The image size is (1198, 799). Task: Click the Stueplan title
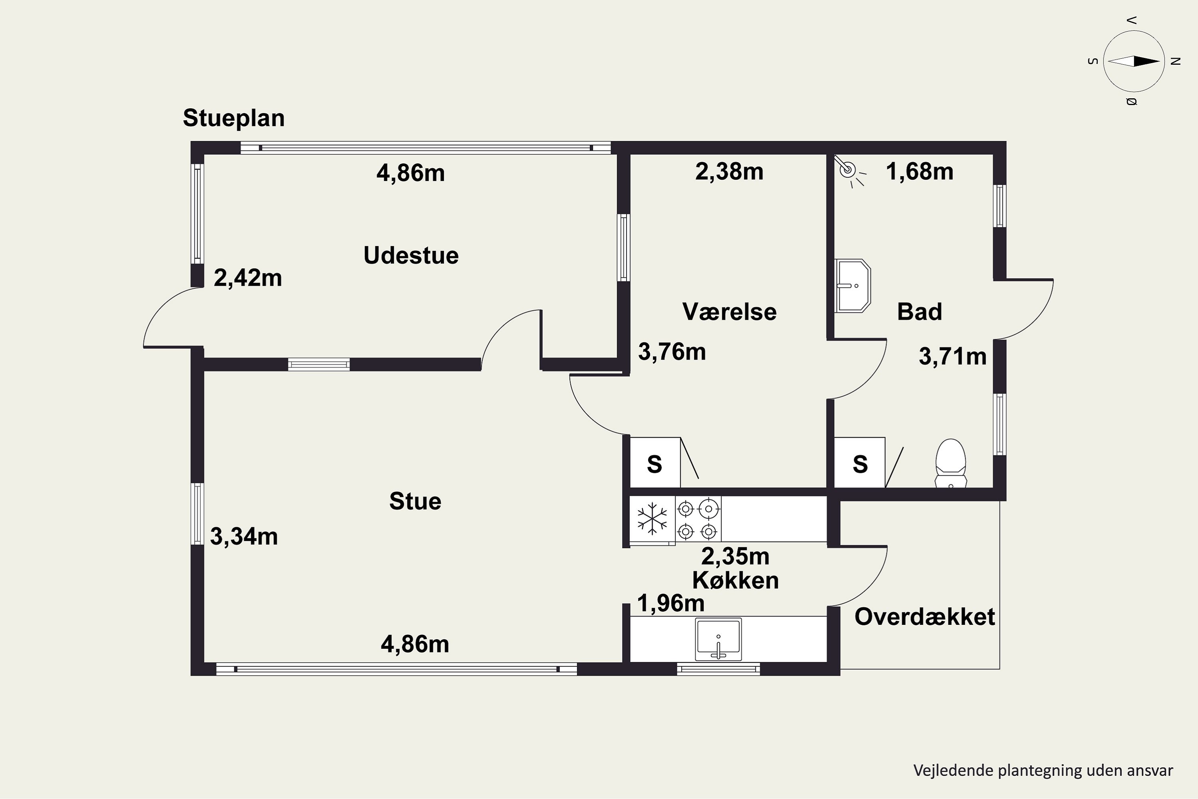pos(234,119)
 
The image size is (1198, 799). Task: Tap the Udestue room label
pos(411,255)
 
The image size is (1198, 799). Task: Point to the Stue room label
pos(415,501)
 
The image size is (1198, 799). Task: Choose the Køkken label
pos(736,580)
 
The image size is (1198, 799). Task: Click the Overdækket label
pos(924,616)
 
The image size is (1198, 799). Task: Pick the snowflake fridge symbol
pos(653,519)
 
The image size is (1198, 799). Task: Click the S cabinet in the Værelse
pos(655,462)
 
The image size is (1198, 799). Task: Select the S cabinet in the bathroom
pos(860,462)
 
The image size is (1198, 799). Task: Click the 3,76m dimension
pos(672,352)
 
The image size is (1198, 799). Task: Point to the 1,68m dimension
pos(920,172)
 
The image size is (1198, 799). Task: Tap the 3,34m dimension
pos(244,537)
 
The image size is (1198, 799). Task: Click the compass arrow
pos(1134,61)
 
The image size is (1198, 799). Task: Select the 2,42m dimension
pos(248,278)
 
